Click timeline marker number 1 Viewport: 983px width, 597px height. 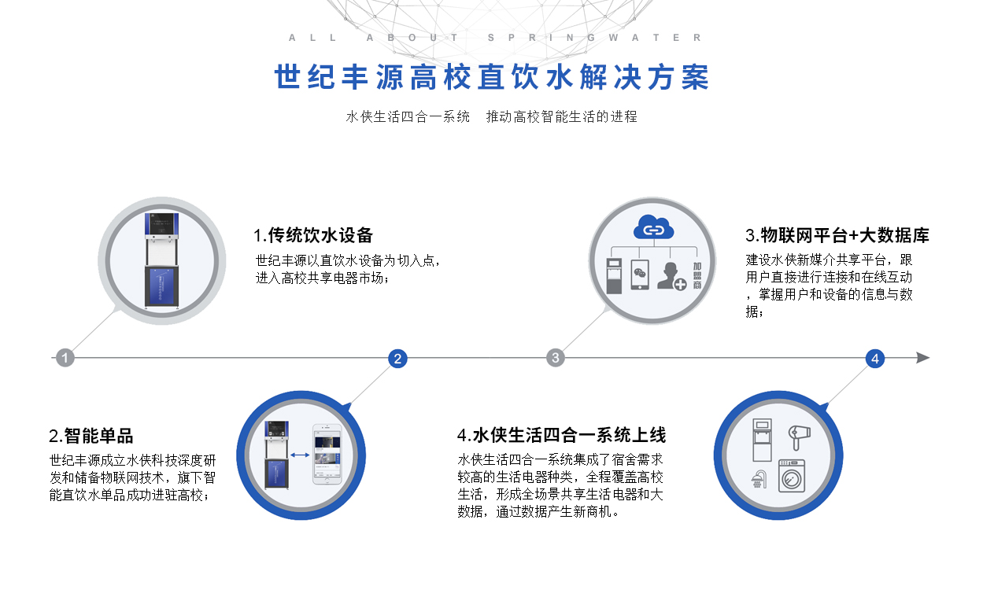pyautogui.click(x=65, y=358)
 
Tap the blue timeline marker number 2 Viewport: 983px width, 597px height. pyautogui.click(x=397, y=359)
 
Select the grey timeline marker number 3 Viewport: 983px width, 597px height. pyautogui.click(x=555, y=358)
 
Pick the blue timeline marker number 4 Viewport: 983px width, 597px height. pyautogui.click(x=875, y=359)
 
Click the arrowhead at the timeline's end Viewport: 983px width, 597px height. pyautogui.click(x=923, y=358)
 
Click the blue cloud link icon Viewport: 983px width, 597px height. pyautogui.click(x=653, y=227)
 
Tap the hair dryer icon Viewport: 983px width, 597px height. pyautogui.click(x=800, y=437)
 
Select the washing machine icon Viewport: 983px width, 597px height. pyautogui.click(x=792, y=476)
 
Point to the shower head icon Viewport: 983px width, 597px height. pyautogui.click(x=759, y=480)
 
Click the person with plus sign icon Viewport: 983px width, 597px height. pyautogui.click(x=671, y=276)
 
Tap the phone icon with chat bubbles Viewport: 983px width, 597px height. pyautogui.click(x=640, y=275)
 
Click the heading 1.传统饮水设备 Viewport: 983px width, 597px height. pyautogui.click(x=313, y=235)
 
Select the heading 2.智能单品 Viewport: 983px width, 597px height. pyautogui.click(x=91, y=436)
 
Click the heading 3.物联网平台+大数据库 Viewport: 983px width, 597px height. pyautogui.click(x=837, y=235)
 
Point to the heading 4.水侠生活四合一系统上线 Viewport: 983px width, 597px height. pyautogui.click(x=561, y=435)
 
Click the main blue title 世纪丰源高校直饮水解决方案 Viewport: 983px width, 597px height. pyautogui.click(x=491, y=77)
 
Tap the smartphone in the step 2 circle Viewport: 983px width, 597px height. pyautogui.click(x=327, y=454)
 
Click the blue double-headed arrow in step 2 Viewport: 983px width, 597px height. pyautogui.click(x=300, y=455)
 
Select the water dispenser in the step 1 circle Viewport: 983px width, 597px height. pyautogui.click(x=161, y=260)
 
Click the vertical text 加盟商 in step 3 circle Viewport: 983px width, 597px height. pyautogui.click(x=697, y=276)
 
